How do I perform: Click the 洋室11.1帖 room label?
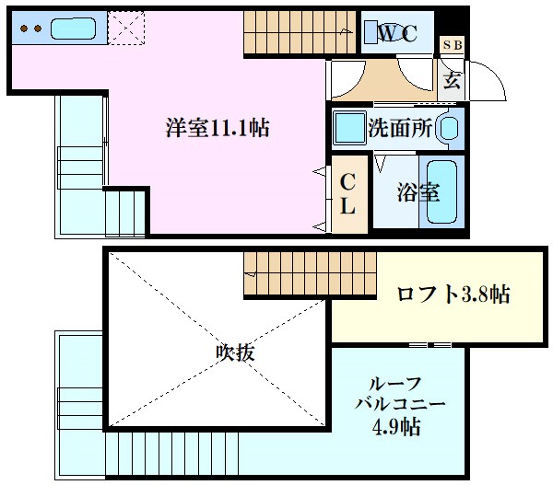[x=218, y=129]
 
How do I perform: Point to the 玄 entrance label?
[x=453, y=79]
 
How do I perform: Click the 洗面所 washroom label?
[x=401, y=128]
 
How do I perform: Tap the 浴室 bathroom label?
[x=418, y=193]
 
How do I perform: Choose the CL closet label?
[x=348, y=195]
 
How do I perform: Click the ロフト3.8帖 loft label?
[x=453, y=294]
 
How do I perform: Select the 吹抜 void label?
[x=235, y=352]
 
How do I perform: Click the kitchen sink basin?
[x=72, y=29]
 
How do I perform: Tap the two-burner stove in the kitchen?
[x=31, y=29]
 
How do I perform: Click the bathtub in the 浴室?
[x=441, y=191]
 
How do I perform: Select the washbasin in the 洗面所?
[x=449, y=128]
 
